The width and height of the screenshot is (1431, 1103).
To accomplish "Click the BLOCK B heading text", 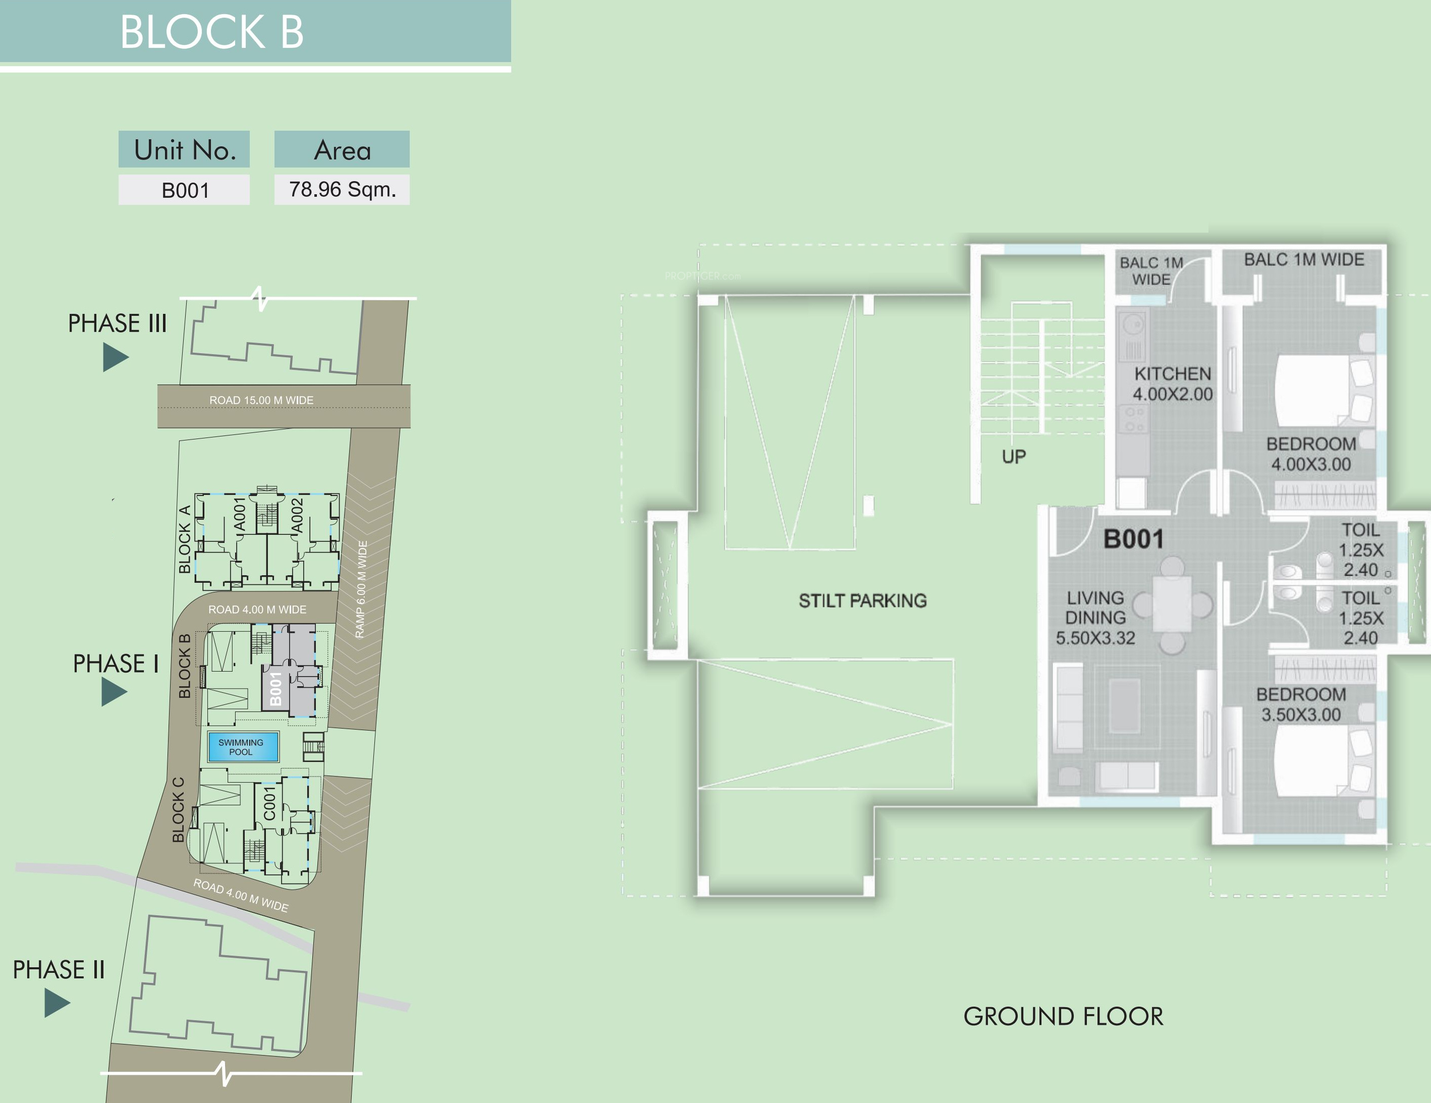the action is coord(211,32).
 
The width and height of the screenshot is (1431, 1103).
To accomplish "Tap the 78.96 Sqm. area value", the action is coord(342,189).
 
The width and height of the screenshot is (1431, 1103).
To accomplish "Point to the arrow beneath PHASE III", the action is coord(116,358).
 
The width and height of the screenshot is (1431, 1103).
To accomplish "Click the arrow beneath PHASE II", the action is coord(57,1003).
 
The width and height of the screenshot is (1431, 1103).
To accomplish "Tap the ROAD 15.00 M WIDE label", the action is coord(261,400).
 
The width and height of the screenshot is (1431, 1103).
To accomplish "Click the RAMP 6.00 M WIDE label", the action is coord(360,590).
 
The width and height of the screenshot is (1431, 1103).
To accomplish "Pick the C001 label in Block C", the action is coord(270,803).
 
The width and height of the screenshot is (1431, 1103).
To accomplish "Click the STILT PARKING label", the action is coord(862,600).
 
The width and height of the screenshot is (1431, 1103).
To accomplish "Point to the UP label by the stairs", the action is coord(1014,457).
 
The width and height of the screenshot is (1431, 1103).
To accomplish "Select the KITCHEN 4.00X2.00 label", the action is coord(1173,384).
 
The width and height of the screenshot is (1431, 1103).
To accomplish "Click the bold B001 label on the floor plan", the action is coord(1133,539).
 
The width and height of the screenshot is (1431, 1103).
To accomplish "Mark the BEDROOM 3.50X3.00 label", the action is coord(1301,704).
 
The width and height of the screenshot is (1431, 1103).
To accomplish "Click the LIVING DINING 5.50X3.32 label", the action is coord(1095,618).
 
